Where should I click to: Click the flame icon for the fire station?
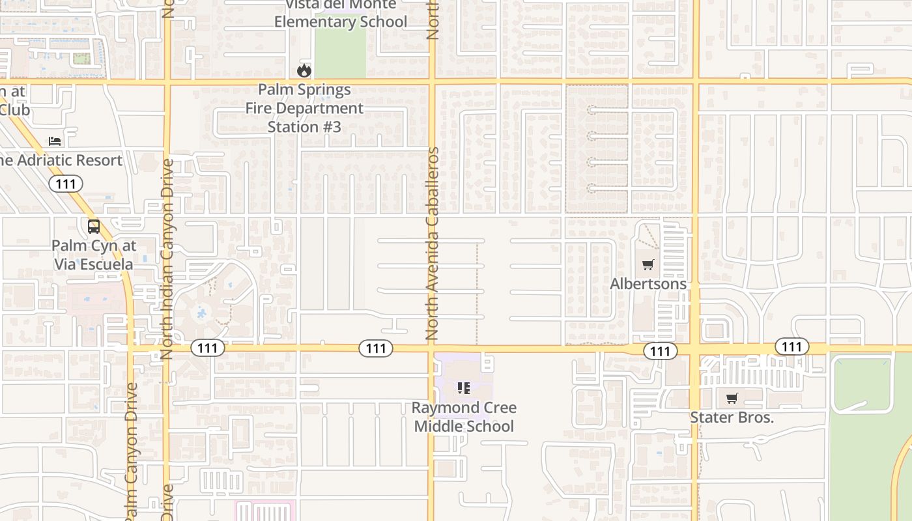click(304, 70)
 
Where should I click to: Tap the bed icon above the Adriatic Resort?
click(55, 141)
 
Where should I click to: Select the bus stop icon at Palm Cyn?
click(94, 227)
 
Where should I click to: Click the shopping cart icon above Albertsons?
click(648, 265)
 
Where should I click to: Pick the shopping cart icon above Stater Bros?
click(732, 398)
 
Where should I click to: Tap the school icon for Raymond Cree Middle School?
click(464, 389)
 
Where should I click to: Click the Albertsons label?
click(648, 284)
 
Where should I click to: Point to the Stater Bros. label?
click(732, 417)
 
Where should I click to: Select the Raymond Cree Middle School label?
click(464, 417)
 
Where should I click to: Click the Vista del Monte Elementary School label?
click(340, 14)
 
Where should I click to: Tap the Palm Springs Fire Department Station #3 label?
click(304, 108)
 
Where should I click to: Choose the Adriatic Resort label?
click(61, 160)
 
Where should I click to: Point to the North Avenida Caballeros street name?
click(432, 244)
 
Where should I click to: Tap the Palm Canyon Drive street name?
click(131, 449)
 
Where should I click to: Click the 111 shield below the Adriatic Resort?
click(66, 184)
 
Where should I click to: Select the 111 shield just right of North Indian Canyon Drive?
click(208, 348)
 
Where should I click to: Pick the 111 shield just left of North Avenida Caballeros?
click(376, 348)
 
